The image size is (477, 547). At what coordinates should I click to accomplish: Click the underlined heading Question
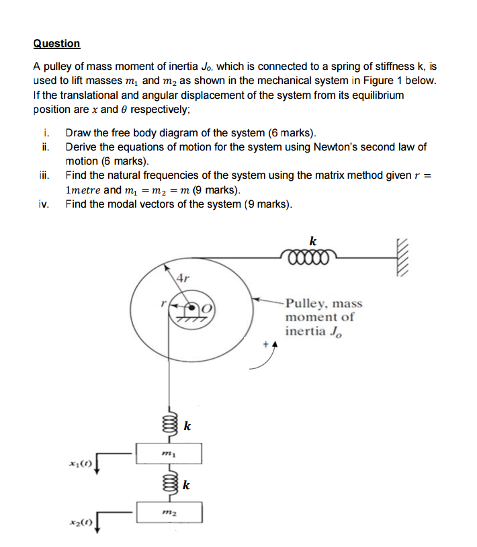(56, 44)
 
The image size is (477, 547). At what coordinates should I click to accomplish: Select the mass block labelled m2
(169, 512)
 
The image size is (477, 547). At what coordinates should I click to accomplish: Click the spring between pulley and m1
(169, 424)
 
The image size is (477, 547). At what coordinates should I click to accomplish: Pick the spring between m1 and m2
(169, 483)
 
